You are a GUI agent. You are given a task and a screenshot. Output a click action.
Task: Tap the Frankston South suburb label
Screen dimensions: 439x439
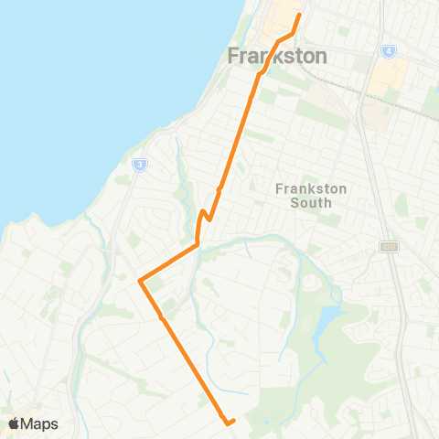click(x=311, y=196)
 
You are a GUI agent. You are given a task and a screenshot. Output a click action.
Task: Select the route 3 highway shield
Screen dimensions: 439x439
click(x=139, y=165)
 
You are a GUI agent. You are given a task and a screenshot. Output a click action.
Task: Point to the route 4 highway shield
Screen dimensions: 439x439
click(x=388, y=51)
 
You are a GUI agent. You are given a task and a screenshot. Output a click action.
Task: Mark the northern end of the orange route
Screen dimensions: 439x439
click(x=300, y=15)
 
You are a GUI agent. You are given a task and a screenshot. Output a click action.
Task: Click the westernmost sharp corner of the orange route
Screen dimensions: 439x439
click(x=139, y=281)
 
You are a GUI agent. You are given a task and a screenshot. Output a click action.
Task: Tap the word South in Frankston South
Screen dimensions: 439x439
click(x=311, y=203)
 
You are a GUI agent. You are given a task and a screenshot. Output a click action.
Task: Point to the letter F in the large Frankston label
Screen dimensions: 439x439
click(x=232, y=56)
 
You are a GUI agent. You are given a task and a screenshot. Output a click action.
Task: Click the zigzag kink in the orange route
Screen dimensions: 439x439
click(x=205, y=216)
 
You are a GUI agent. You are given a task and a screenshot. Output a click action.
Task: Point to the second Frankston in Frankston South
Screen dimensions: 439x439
click(x=311, y=189)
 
